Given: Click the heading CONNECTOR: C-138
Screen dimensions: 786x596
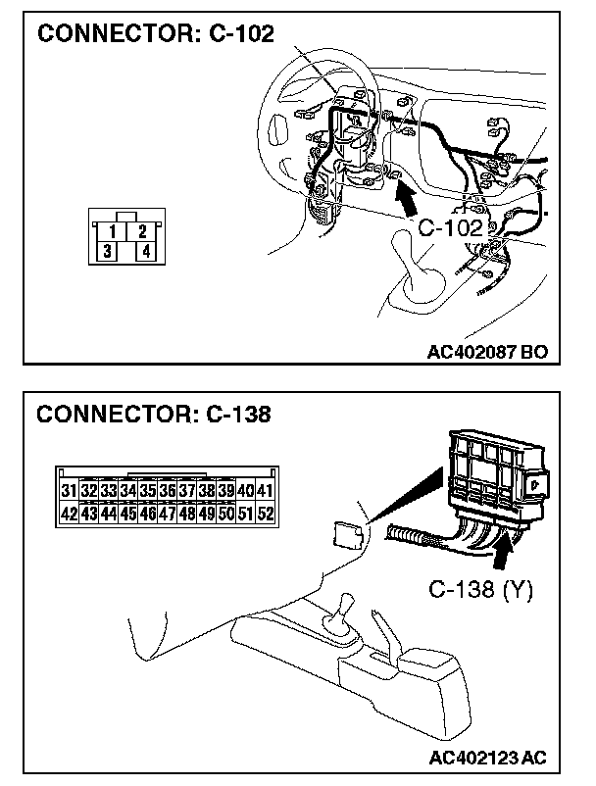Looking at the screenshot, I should point(154,414).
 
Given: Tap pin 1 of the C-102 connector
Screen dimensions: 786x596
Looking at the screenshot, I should point(116,231).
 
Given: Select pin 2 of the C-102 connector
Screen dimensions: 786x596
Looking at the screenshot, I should point(143,231).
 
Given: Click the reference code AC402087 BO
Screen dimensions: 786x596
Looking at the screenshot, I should point(487,349).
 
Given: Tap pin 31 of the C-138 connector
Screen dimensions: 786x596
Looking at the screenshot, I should point(69,490).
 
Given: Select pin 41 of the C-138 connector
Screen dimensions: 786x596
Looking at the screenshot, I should point(264,490).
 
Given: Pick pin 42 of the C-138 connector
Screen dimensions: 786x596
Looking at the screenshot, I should point(69,513).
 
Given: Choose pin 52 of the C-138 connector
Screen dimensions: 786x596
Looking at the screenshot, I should point(264,513).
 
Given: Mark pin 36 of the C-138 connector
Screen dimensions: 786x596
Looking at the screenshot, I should point(167,490).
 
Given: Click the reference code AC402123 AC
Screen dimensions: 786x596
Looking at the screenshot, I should point(487,758).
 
